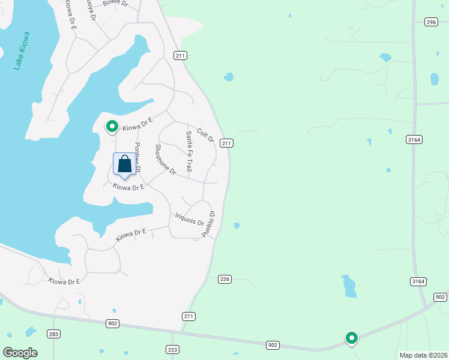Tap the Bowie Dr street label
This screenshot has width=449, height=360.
115,3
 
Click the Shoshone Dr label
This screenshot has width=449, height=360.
165,160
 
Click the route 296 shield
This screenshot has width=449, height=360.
430,22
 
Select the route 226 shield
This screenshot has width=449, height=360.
225,279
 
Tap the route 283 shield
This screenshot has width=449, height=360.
54,334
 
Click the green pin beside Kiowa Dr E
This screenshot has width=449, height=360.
112,127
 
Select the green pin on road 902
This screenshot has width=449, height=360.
351,338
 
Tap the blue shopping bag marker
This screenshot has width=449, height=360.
124,164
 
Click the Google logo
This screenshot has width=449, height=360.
20,353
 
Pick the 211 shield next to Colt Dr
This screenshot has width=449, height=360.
226,143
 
